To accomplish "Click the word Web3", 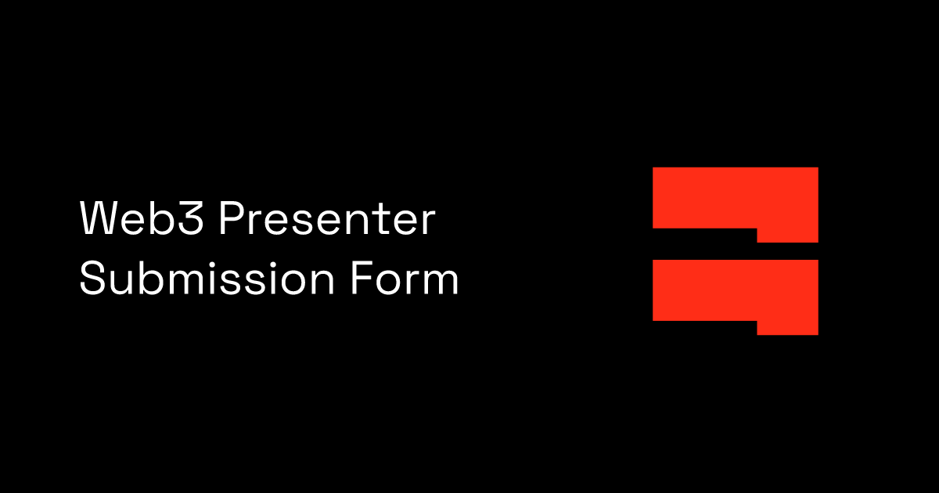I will pyautogui.click(x=143, y=220).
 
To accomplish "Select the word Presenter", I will pyautogui.click(x=326, y=220).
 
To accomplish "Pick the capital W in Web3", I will pyautogui.click(x=99, y=220).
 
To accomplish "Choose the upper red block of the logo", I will pyautogui.click(x=735, y=197).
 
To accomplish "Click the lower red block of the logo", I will pyautogui.click(x=735, y=290).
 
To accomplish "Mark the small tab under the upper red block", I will pyautogui.click(x=787, y=235).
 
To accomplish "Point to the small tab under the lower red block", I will pyautogui.click(x=787, y=327).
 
